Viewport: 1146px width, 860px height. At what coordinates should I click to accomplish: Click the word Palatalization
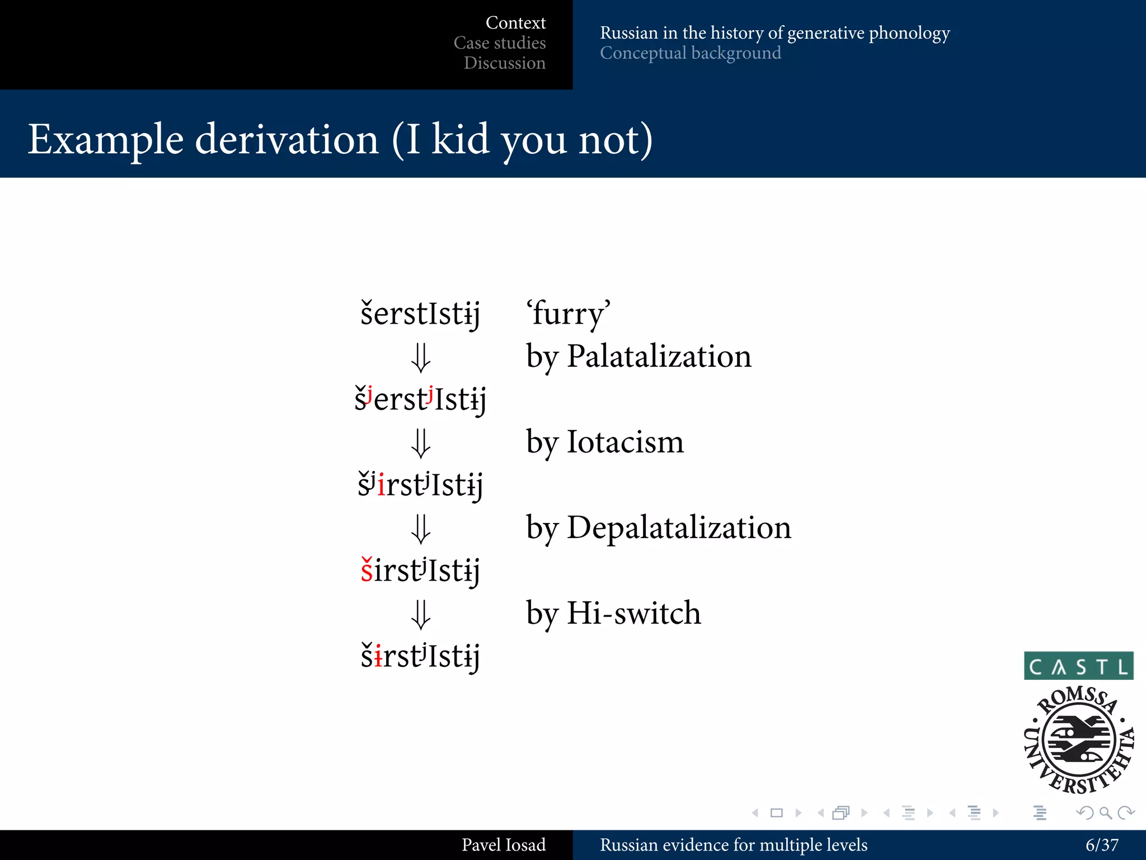pos(659,356)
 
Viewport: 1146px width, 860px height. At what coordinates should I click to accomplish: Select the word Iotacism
pos(625,442)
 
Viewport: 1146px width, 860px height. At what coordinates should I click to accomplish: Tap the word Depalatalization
pos(679,527)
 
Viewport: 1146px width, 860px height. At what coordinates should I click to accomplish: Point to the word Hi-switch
pos(633,613)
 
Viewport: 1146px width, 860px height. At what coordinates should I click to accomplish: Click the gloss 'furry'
pos(568,313)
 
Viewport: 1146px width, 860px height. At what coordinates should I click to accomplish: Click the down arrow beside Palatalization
pos(421,358)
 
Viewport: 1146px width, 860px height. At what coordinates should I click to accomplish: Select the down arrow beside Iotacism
pos(421,443)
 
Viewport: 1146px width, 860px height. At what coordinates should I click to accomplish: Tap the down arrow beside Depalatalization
pos(421,529)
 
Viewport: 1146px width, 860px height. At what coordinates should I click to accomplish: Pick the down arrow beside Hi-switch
pos(421,615)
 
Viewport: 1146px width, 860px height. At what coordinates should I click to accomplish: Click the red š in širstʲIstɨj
pos(367,571)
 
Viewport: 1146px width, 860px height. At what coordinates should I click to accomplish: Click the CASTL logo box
pos(1078,666)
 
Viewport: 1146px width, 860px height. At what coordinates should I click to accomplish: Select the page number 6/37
pos(1101,845)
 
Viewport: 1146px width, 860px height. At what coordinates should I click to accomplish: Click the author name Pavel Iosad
pos(503,845)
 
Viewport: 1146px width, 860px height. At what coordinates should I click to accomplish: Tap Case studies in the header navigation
pos(499,43)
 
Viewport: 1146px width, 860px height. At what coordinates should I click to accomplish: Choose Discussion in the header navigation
pos(504,63)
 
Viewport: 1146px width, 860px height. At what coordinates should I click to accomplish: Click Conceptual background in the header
pos(690,53)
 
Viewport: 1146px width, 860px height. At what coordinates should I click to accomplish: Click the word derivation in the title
pos(287,139)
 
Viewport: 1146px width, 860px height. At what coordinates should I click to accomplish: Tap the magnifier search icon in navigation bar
pos(1105,812)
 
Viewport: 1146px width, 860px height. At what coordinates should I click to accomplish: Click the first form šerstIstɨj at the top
pos(420,314)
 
